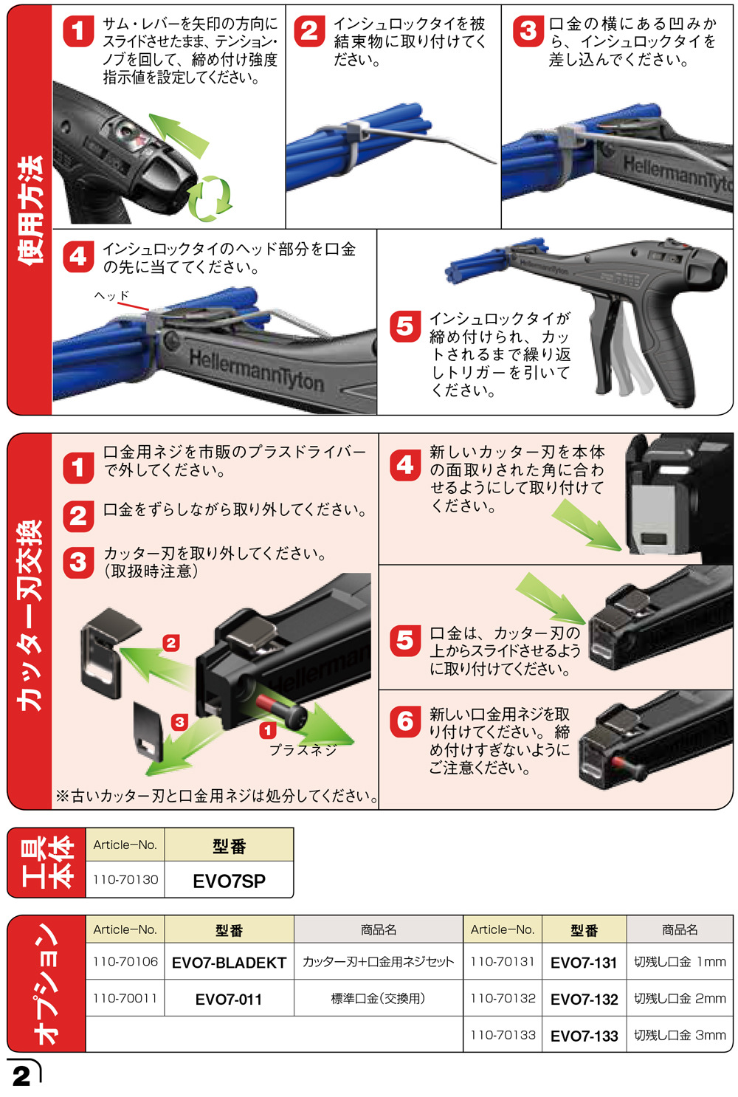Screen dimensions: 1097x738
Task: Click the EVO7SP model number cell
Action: [x=229, y=880]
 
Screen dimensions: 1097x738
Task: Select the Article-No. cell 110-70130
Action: [x=125, y=879]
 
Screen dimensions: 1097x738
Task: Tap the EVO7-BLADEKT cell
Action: [x=229, y=962]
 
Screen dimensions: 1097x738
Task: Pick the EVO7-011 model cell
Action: [x=229, y=999]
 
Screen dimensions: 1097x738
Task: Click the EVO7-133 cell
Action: [x=584, y=1035]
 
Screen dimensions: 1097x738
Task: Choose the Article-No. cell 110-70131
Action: [x=503, y=962]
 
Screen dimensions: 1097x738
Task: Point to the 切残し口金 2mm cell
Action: [x=680, y=998]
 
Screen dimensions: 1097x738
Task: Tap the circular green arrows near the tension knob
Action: [x=211, y=198]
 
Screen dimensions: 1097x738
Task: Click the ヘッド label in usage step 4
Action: [x=111, y=295]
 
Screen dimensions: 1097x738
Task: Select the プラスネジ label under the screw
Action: [x=303, y=750]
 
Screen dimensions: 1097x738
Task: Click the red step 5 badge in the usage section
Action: [x=405, y=326]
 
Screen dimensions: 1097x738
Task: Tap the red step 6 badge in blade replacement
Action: [x=405, y=721]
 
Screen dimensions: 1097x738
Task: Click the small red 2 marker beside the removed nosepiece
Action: [x=171, y=642]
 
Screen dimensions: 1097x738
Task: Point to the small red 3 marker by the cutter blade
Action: [x=179, y=721]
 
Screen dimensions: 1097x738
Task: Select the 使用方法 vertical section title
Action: [x=30, y=210]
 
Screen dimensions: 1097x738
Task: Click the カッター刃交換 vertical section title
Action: [x=30, y=616]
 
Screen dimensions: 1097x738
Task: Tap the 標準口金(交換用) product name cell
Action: [x=378, y=998]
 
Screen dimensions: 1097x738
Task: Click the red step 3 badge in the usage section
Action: [x=528, y=32]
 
